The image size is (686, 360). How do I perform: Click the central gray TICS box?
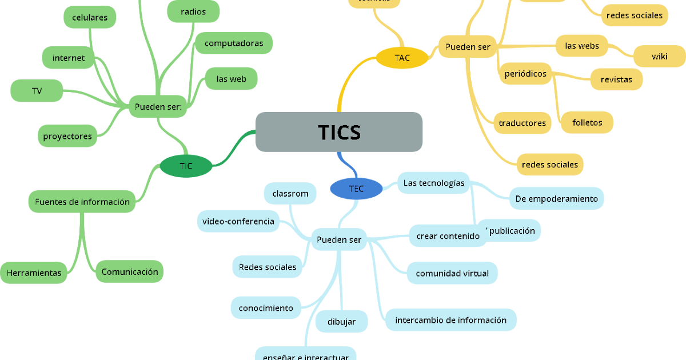point(338,132)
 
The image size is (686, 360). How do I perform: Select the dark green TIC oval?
point(186,166)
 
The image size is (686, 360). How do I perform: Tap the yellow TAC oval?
point(402,58)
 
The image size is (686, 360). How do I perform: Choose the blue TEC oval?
point(356,189)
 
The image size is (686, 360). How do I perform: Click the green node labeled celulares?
point(90,17)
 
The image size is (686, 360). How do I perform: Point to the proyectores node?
point(67,136)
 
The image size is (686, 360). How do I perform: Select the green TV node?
point(37,91)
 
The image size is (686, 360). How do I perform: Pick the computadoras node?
point(234,43)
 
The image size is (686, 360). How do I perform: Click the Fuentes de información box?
point(82,202)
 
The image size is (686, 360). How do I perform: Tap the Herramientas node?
point(34,273)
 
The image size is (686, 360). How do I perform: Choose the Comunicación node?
point(130,272)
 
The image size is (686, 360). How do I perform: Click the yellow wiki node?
point(659,57)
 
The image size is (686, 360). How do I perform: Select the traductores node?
point(522,123)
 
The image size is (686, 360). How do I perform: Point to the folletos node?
point(587,122)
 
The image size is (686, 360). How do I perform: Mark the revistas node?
point(616,79)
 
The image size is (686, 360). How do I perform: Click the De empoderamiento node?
point(556,199)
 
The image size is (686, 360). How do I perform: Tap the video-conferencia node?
point(238,221)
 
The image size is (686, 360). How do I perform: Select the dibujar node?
point(341,322)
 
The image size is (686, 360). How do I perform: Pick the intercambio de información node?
point(451,320)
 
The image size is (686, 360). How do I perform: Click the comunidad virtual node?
point(452,273)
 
